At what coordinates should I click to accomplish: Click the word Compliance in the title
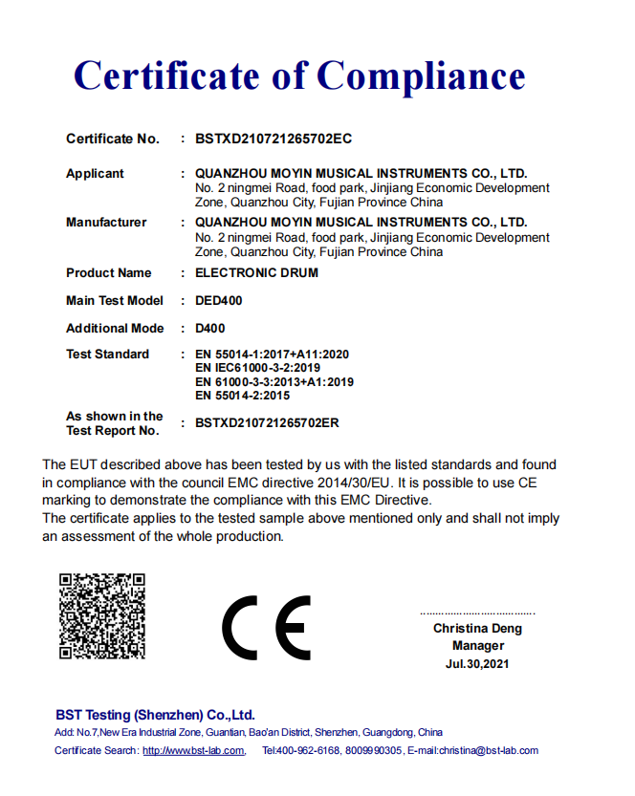(x=422, y=75)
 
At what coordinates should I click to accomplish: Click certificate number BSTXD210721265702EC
(x=274, y=139)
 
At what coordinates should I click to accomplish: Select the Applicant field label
(x=95, y=174)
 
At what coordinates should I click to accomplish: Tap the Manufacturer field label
(x=106, y=223)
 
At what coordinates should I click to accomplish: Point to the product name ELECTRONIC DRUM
(x=256, y=273)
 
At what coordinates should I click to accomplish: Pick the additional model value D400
(x=210, y=329)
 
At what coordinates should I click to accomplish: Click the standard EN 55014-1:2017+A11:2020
(x=273, y=355)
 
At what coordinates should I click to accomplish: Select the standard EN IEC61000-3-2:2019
(x=257, y=368)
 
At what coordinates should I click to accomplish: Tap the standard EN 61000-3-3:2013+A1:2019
(x=274, y=381)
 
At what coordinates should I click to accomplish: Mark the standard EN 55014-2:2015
(x=243, y=395)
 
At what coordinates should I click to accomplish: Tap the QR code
(x=101, y=616)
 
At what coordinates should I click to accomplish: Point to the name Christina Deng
(x=477, y=629)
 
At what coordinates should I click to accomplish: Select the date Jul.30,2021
(x=477, y=663)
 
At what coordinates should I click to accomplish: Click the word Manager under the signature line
(x=477, y=646)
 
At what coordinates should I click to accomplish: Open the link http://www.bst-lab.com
(x=194, y=751)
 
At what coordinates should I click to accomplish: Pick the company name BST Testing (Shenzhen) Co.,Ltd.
(x=155, y=715)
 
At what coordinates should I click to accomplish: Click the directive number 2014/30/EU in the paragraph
(x=354, y=483)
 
